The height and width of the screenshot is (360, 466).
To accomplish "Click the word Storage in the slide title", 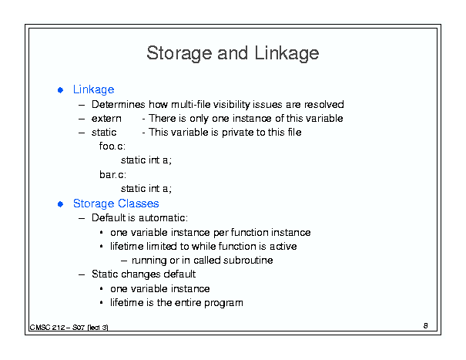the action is click(179, 53).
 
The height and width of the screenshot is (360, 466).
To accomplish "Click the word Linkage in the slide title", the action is click(287, 53).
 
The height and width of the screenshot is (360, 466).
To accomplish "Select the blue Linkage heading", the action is click(94, 89).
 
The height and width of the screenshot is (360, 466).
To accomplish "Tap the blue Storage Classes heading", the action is click(116, 204).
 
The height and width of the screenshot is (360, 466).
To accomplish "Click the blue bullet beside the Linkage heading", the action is click(60, 90).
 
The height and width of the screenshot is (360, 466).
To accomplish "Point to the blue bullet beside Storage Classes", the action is click(60, 204).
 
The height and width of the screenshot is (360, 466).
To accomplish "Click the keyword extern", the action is click(106, 119).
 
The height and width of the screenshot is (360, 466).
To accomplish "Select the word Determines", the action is click(119, 104).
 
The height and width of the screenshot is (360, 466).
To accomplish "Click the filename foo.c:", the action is click(112, 146).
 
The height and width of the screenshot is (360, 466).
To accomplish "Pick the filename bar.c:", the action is click(112, 174).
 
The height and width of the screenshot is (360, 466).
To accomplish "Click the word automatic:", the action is click(163, 218).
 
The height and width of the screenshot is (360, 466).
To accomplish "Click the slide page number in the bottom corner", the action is click(426, 326).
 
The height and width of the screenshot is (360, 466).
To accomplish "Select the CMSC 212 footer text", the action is click(69, 328).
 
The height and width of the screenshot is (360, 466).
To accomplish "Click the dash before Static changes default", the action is click(82, 274).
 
